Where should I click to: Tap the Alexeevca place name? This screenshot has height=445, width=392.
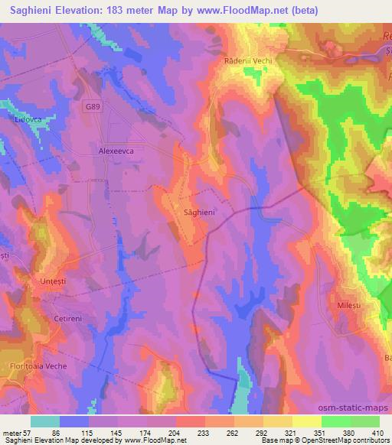[116, 151]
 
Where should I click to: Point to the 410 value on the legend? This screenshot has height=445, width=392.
[378, 432]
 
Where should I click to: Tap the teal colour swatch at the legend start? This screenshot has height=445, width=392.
[44, 421]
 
